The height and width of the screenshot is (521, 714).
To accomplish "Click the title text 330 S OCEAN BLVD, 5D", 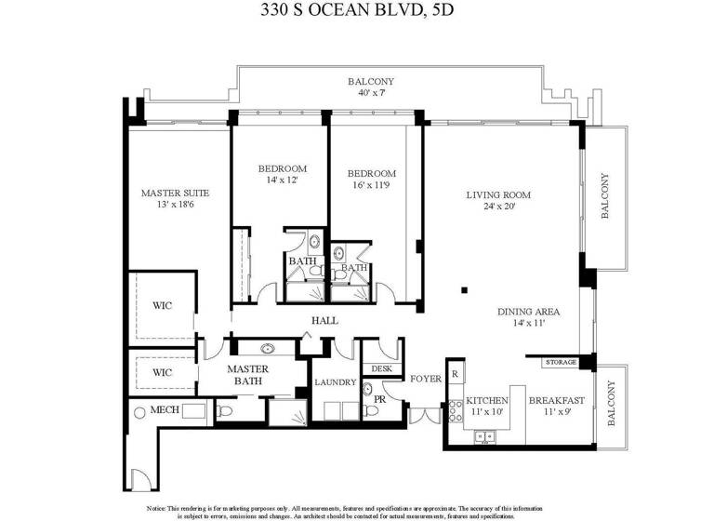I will point(356,13).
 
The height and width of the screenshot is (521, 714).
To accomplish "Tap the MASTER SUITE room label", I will point(175,194).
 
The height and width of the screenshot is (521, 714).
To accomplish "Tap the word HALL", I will point(324,320).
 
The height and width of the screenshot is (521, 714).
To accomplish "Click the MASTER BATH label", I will point(248,375).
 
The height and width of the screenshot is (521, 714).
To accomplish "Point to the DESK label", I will point(382,368).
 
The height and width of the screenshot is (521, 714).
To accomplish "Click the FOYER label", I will point(426,379).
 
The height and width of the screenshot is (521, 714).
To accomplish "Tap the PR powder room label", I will point(380,400).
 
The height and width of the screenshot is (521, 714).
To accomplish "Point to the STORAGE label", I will point(561,361).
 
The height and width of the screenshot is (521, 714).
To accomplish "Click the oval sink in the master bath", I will point(268,350).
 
